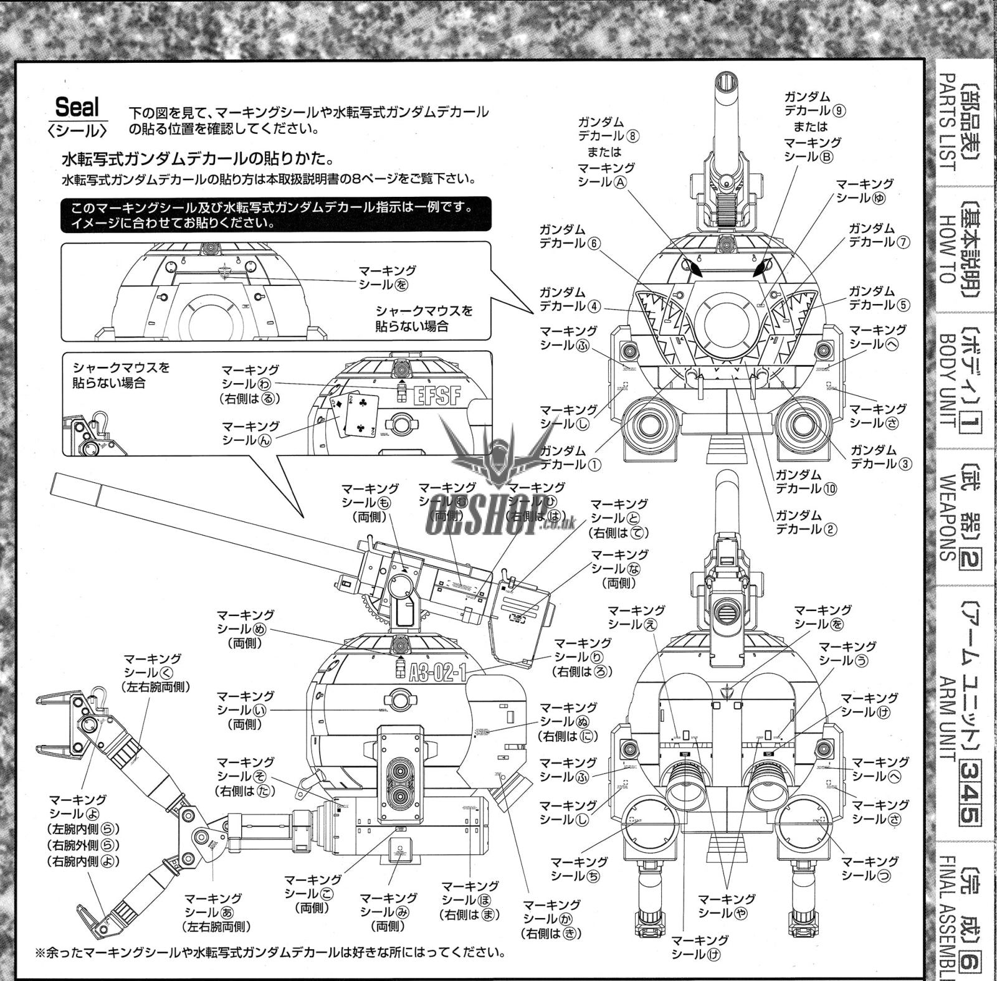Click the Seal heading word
[x=77, y=108]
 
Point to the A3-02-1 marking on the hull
[x=438, y=673]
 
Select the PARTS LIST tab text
[x=947, y=122]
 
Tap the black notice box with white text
[x=275, y=214]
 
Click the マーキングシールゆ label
[x=864, y=191]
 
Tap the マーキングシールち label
[x=579, y=869]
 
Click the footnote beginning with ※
[x=269, y=953]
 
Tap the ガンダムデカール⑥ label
[x=570, y=236]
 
